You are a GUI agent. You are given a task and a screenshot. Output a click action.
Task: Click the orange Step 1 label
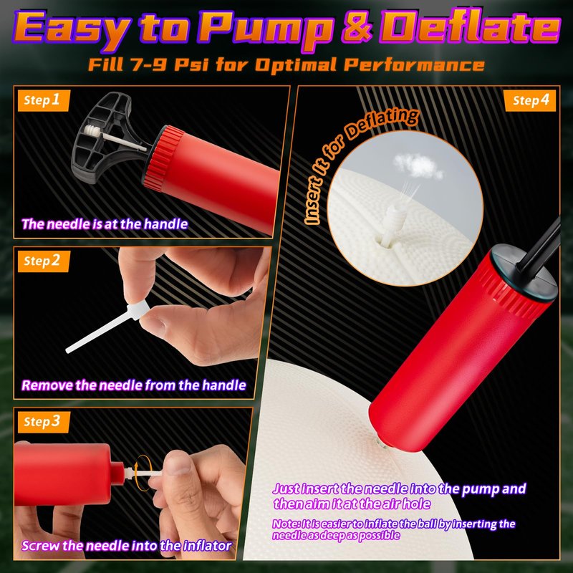(x=43, y=100)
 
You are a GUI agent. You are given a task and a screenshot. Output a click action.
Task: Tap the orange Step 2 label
(x=43, y=261)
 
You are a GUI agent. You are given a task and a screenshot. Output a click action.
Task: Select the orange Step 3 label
(x=43, y=422)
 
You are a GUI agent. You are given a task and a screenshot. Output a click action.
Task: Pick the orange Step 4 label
(x=529, y=100)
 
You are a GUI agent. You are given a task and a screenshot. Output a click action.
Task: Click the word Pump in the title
(x=266, y=29)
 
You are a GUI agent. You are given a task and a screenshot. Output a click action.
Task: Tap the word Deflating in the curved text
(x=382, y=125)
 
